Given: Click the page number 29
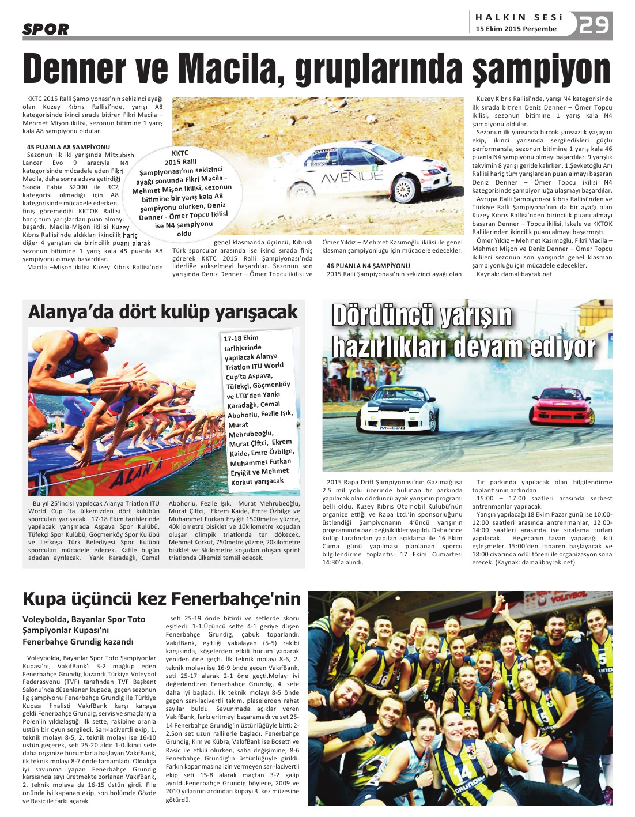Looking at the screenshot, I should click(x=594, y=25).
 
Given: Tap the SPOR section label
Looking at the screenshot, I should click(x=46, y=29).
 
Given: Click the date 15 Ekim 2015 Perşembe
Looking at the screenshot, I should click(x=516, y=29).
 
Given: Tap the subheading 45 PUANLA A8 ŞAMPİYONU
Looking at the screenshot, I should click(x=68, y=147).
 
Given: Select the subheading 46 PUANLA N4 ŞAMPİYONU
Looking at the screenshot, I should click(x=368, y=266).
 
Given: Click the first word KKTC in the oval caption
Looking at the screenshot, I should click(x=180, y=153).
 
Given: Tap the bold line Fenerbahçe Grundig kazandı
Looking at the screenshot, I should click(x=78, y=642).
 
